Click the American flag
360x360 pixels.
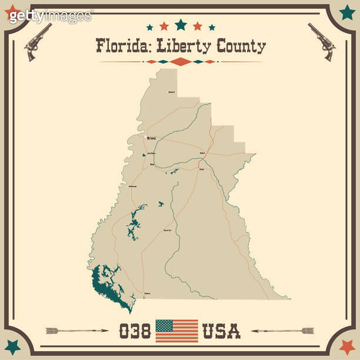[176, 331]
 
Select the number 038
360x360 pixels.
[135, 331]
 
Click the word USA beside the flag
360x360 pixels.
[221, 331]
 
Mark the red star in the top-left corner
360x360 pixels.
[12, 13]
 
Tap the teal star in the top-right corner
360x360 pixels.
[347, 12]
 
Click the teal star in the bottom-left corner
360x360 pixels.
[12, 347]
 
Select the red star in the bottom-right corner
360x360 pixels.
[347, 347]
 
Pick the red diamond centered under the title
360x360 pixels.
[181, 62]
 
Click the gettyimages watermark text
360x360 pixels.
[51, 16]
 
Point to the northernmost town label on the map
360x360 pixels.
[171, 92]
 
